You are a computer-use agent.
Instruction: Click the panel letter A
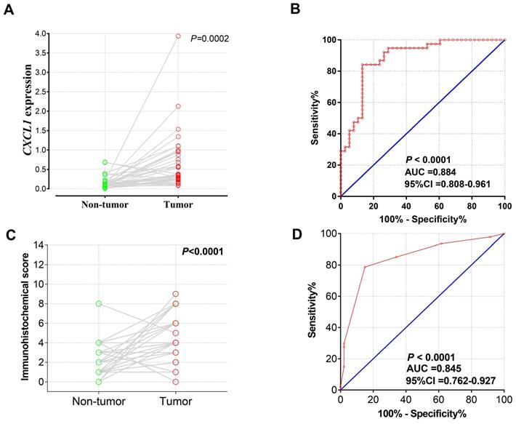pos(10,10)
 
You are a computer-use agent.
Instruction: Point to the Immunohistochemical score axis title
pos(26,313)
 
